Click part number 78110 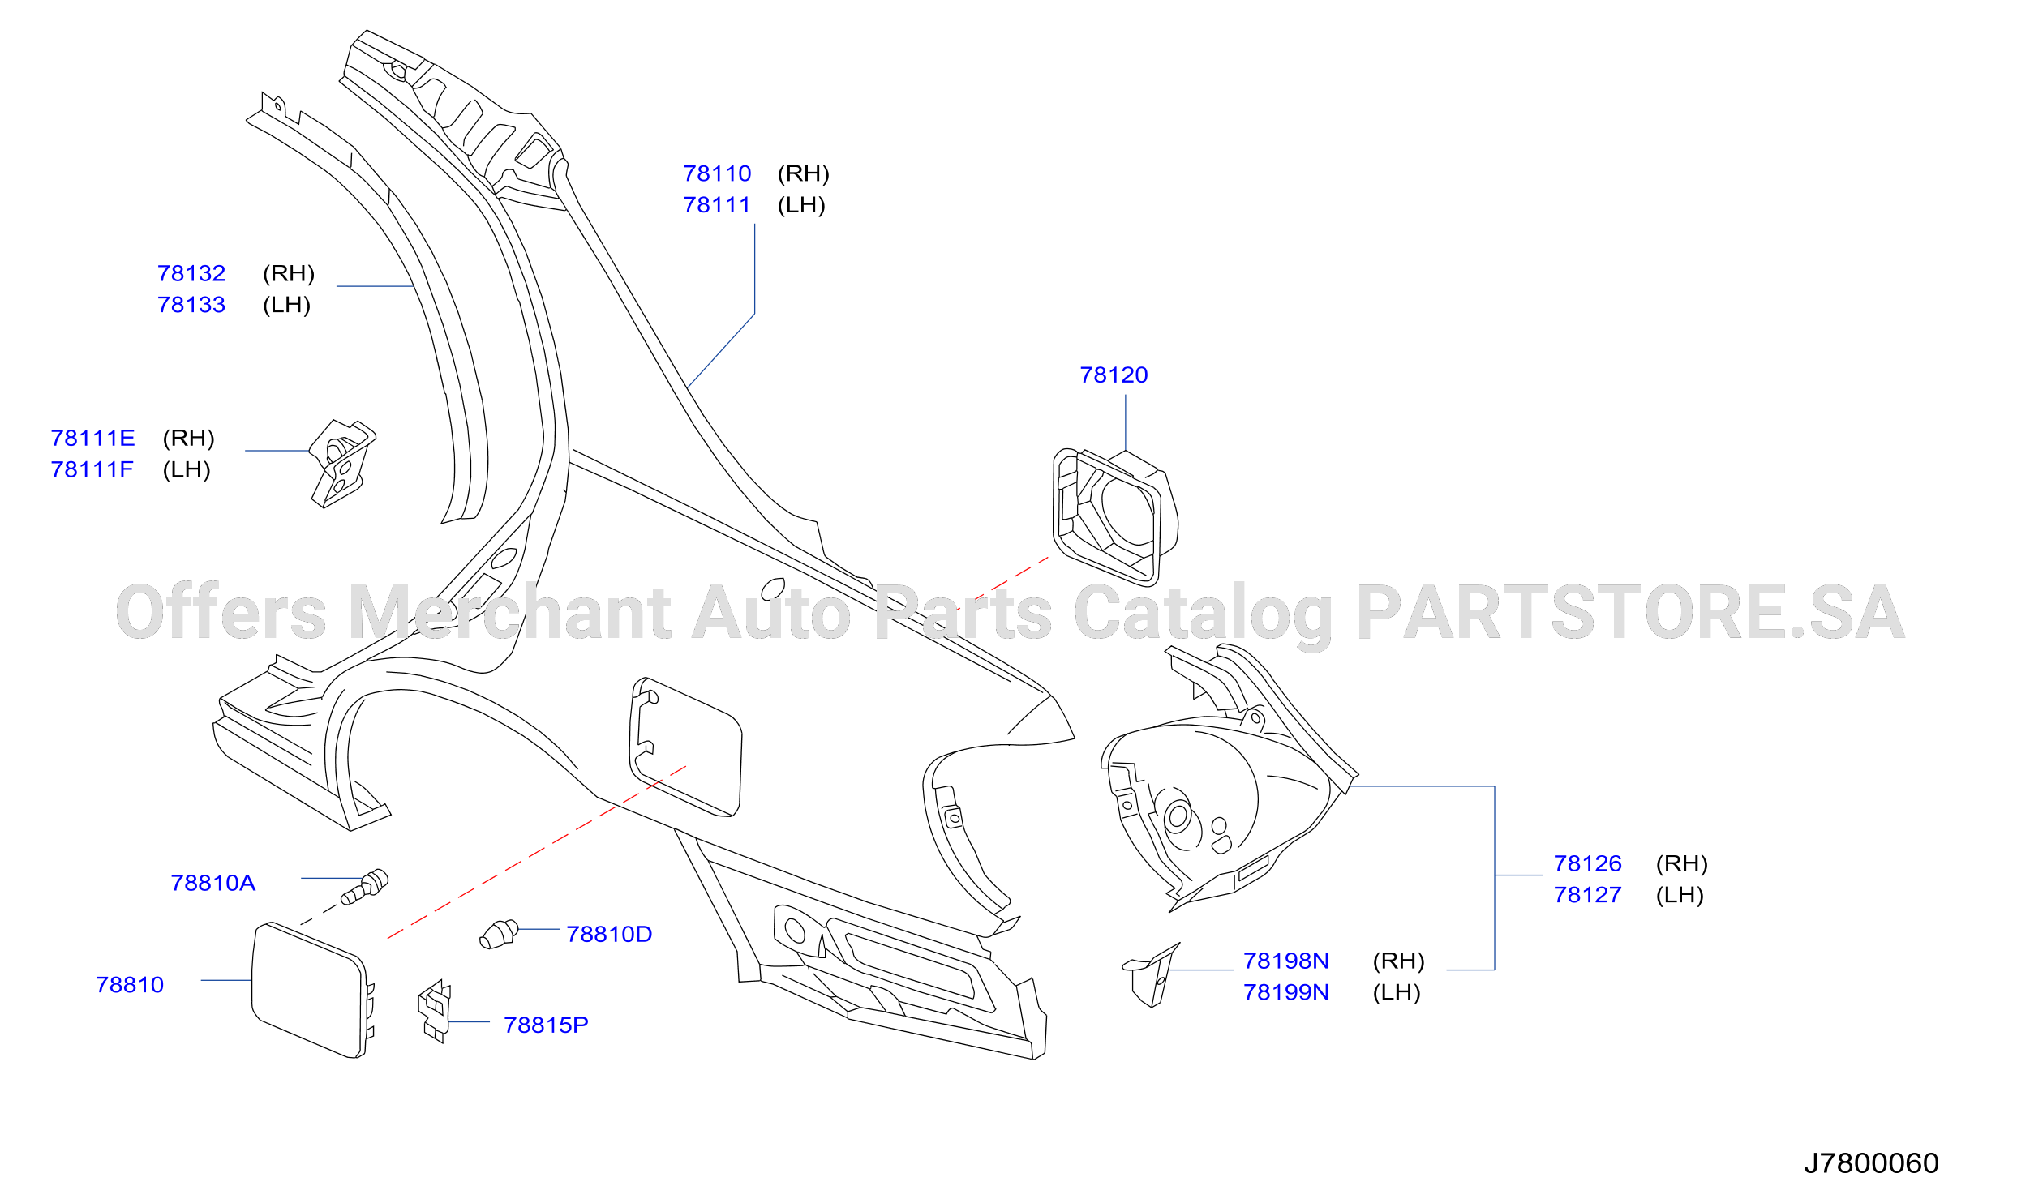(x=717, y=173)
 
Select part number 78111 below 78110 (x=717, y=205)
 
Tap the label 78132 (x=191, y=273)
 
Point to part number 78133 (x=191, y=305)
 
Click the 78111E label (x=92, y=438)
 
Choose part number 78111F (x=92, y=469)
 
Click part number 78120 (x=1114, y=375)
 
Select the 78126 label (x=1587, y=863)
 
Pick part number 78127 (x=1587, y=895)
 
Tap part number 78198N (x=1286, y=961)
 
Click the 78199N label (x=1286, y=992)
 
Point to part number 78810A (x=212, y=883)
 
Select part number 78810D (x=609, y=934)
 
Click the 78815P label (x=546, y=1025)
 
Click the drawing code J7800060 (x=1871, y=1163)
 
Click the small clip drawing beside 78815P (x=435, y=1011)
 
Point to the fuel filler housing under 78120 (x=1115, y=516)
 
